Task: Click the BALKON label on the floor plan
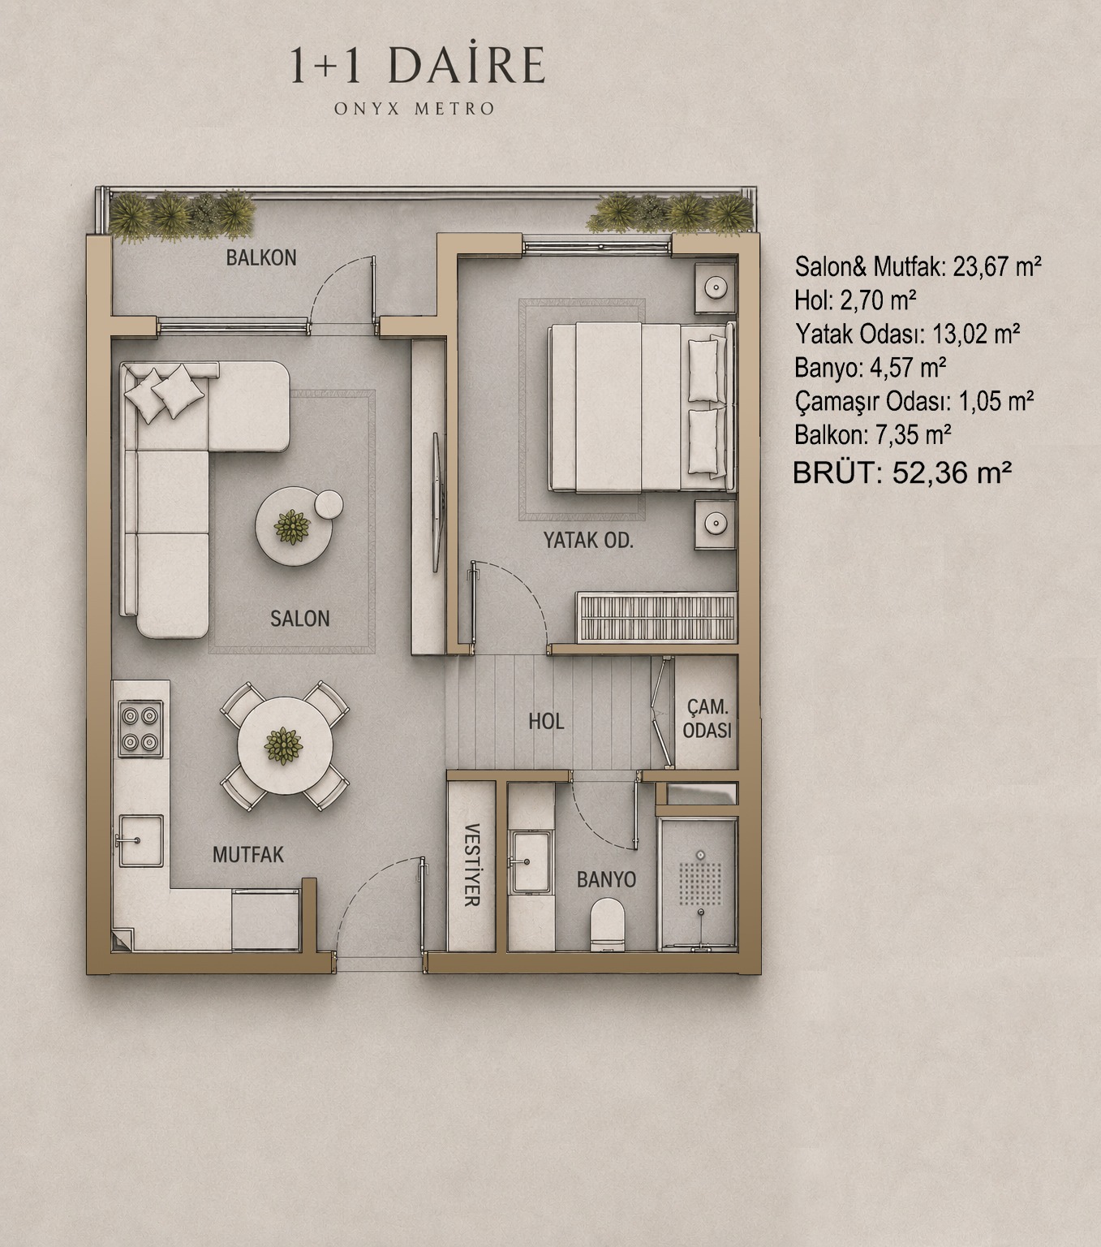[x=260, y=257]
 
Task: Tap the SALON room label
[x=300, y=618]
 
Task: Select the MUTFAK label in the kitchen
[x=248, y=854]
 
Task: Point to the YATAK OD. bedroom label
[x=588, y=540]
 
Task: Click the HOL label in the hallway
[x=546, y=721]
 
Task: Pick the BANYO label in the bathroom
[x=606, y=879]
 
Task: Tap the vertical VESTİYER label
[x=471, y=865]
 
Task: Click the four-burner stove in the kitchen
[x=140, y=729]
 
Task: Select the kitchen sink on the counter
[x=141, y=841]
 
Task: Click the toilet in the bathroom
[x=607, y=925]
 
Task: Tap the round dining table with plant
[x=285, y=745]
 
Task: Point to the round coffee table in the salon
[x=294, y=526]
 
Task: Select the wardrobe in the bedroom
[x=656, y=617]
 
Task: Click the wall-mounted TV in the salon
[x=437, y=503]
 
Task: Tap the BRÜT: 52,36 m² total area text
[x=901, y=472]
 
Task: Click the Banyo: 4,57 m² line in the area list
[x=870, y=368]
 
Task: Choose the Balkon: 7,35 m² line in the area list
[x=873, y=434]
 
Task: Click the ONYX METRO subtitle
[x=415, y=109]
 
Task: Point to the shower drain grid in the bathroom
[x=700, y=883]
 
